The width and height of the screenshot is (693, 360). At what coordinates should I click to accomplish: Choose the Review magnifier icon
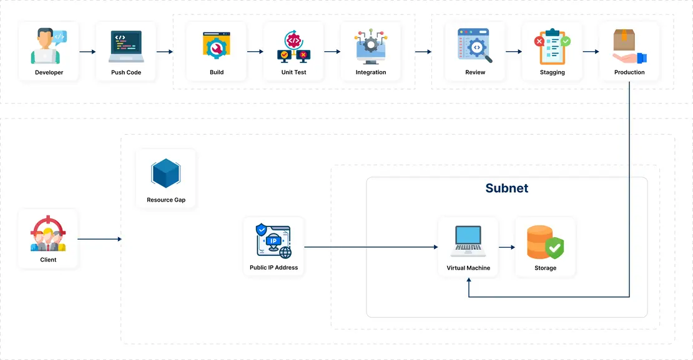[475, 46]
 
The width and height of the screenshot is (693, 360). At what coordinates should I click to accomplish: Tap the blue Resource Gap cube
[166, 173]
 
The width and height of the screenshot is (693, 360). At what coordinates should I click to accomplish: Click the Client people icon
[48, 234]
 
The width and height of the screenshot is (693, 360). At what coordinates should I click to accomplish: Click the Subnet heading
[506, 188]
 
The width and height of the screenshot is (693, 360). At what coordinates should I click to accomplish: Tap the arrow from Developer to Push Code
[87, 52]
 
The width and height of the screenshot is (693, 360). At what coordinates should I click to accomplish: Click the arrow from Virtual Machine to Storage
[506, 248]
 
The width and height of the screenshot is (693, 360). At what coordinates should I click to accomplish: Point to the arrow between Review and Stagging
[513, 52]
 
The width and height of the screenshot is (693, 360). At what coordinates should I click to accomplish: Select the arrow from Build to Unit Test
[255, 52]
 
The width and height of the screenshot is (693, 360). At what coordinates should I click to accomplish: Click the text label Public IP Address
[273, 268]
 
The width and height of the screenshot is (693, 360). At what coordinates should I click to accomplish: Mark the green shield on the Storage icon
[554, 248]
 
